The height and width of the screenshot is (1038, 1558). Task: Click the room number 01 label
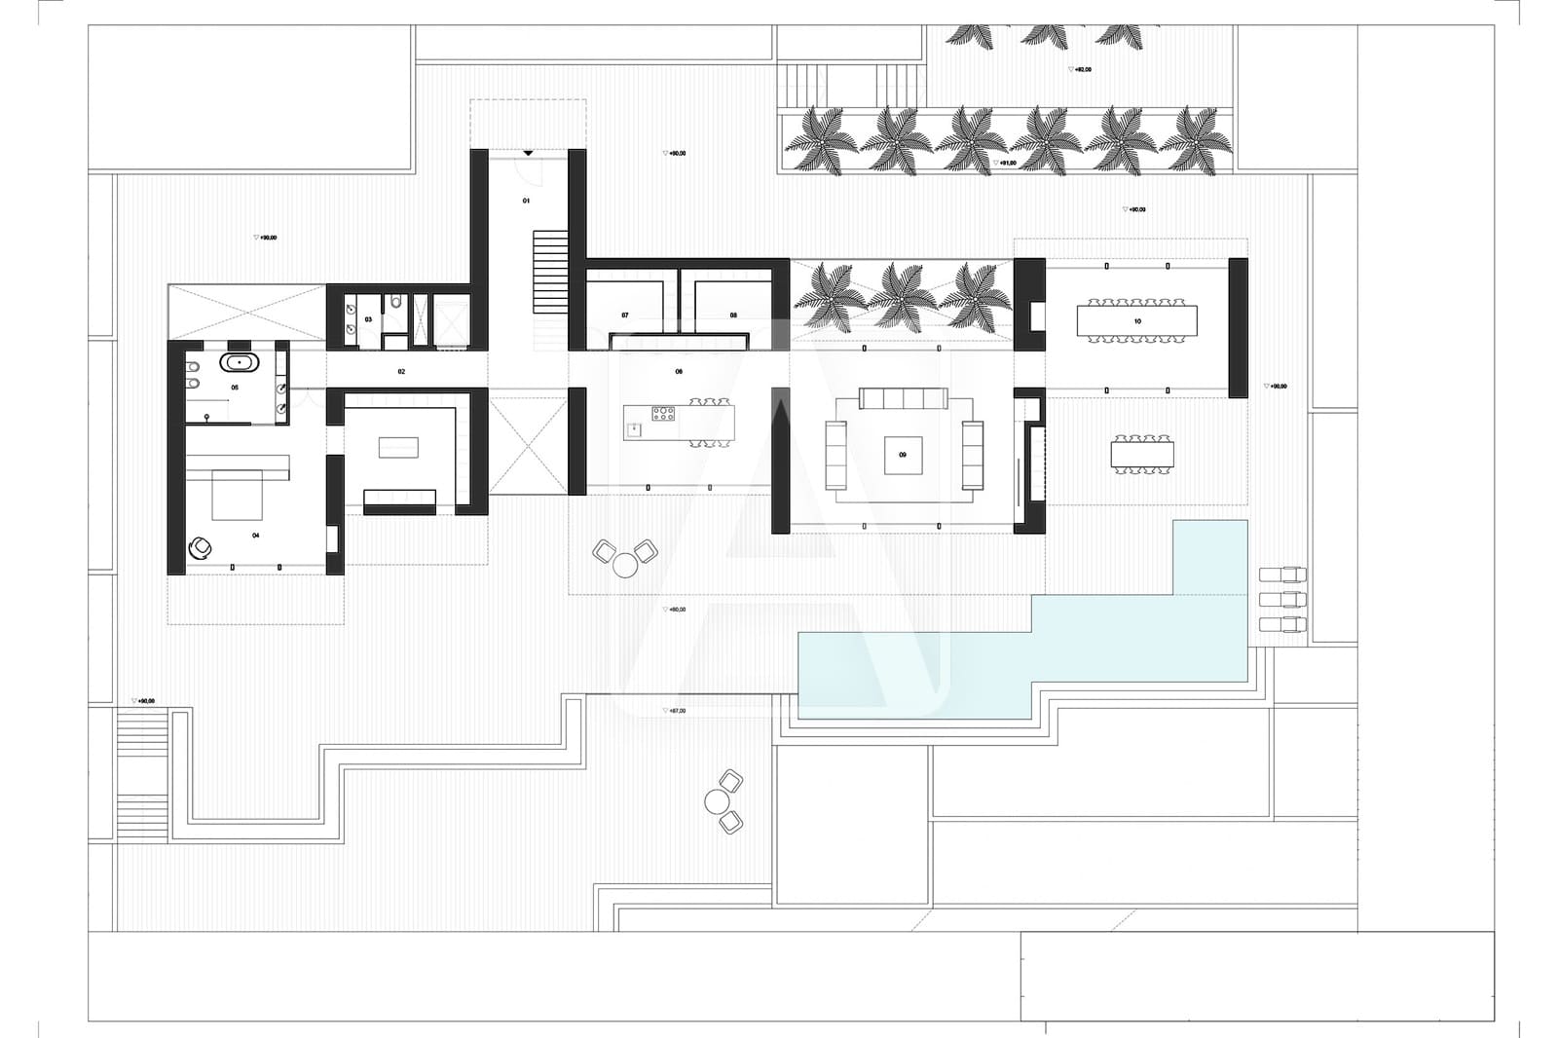[527, 201]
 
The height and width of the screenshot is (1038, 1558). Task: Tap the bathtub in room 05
[239, 362]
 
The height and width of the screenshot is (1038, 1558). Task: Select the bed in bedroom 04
[238, 495]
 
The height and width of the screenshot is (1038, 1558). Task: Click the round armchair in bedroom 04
[201, 549]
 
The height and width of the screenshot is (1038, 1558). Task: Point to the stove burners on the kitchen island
[663, 413]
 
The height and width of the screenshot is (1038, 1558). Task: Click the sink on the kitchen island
[635, 426]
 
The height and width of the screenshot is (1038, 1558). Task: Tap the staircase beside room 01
[550, 272]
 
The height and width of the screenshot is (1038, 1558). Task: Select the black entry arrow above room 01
[528, 153]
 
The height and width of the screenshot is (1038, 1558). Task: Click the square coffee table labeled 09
[903, 455]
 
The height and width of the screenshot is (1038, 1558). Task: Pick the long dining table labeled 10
[1136, 320]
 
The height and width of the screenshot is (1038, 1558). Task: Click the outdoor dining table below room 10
[1142, 455]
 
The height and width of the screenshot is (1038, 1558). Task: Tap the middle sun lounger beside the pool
[1282, 599]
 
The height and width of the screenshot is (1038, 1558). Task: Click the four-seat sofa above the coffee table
[904, 398]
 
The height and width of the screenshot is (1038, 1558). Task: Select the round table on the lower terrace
[718, 801]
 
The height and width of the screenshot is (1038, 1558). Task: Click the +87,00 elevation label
[675, 711]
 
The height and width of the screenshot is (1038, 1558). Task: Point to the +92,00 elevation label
[1081, 70]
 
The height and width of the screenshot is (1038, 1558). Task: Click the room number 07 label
[625, 315]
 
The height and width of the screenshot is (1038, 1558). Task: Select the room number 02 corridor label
[401, 371]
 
